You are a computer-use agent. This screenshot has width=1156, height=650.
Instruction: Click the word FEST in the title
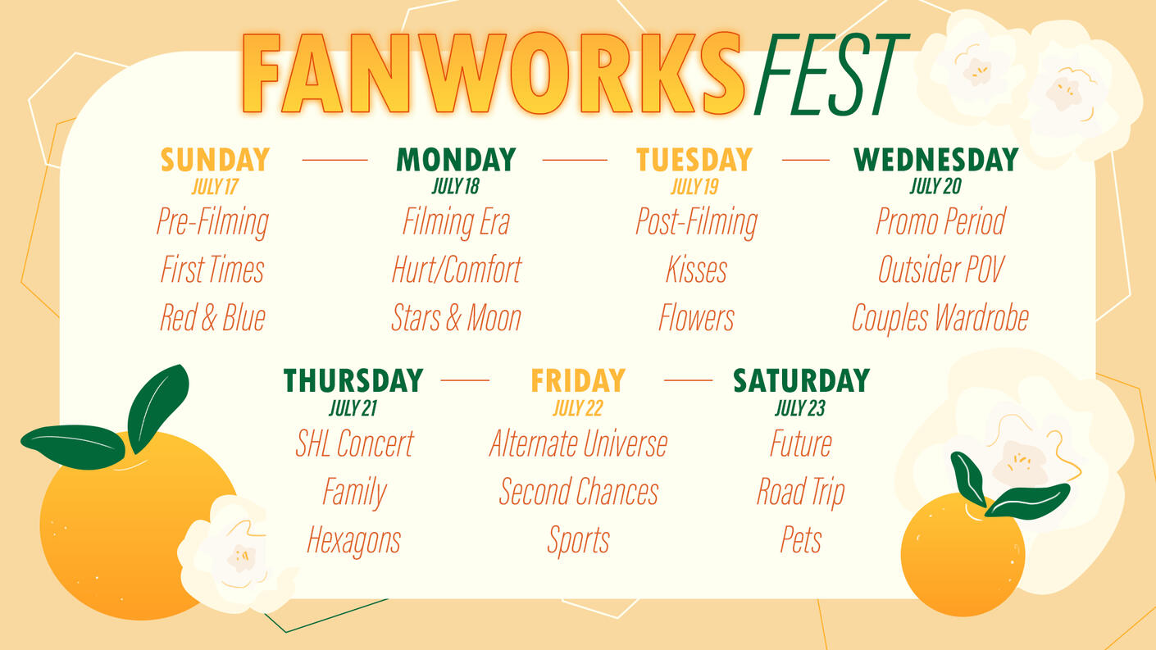pyautogui.click(x=831, y=75)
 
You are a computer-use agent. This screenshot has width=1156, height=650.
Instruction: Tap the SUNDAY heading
pyautogui.click(x=215, y=160)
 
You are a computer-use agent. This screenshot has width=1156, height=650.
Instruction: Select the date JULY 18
pyautogui.click(x=456, y=186)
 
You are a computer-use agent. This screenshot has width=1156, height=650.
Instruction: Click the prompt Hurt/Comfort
pyautogui.click(x=457, y=270)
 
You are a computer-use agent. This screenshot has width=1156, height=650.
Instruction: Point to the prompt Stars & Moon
pyautogui.click(x=456, y=317)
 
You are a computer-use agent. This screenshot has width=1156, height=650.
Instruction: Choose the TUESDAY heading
pyautogui.click(x=694, y=160)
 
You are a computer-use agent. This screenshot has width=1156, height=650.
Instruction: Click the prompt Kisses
pyautogui.click(x=697, y=270)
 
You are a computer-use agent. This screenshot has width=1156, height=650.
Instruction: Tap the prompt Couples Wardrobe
pyautogui.click(x=940, y=318)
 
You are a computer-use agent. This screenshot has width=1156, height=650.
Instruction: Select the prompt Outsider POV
pyautogui.click(x=941, y=270)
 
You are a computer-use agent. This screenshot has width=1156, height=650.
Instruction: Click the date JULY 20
pyautogui.click(x=935, y=186)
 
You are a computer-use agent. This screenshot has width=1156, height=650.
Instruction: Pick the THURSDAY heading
pyautogui.click(x=353, y=380)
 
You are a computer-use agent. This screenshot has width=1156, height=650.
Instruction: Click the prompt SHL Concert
pyautogui.click(x=354, y=443)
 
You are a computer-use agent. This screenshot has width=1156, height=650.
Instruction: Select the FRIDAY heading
pyautogui.click(x=578, y=380)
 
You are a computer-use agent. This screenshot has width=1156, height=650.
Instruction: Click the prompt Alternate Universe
pyautogui.click(x=579, y=443)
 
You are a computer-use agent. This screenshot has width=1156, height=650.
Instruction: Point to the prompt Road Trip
pyautogui.click(x=800, y=492)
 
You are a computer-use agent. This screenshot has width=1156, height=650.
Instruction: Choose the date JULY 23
pyautogui.click(x=800, y=408)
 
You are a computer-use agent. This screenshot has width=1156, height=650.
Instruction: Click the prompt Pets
pyautogui.click(x=800, y=539)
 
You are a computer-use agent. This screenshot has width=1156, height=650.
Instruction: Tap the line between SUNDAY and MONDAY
pyautogui.click(x=335, y=160)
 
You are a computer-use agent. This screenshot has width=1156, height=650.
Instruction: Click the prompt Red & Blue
pyautogui.click(x=212, y=317)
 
